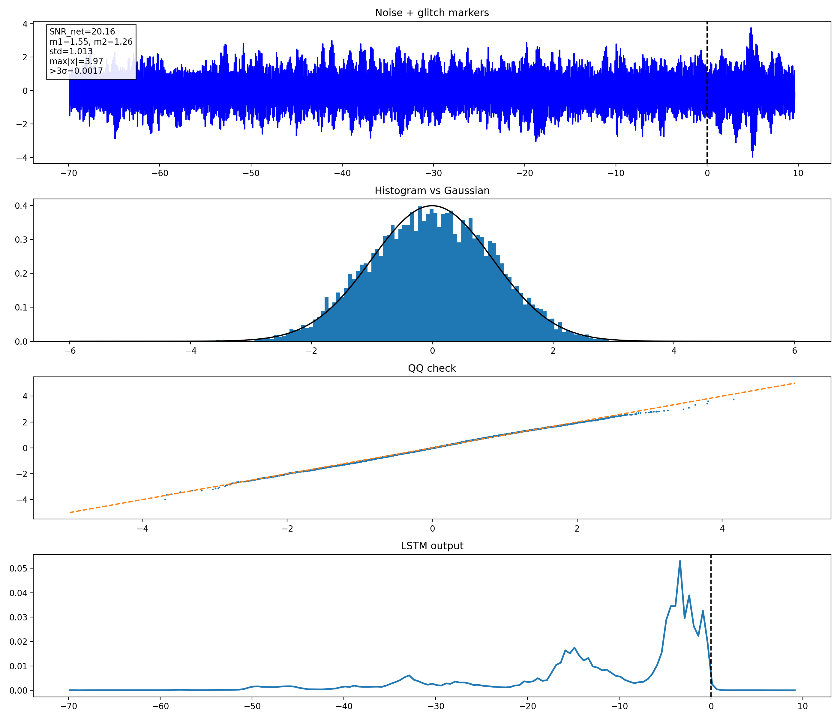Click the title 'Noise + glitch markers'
432,13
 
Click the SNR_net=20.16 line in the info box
82,31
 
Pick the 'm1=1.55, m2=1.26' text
91,41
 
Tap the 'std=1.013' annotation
71,52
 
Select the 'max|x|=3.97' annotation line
76,61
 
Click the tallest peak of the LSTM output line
680,561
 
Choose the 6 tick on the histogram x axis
795,351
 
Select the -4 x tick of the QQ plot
142,528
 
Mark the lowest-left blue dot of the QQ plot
165,499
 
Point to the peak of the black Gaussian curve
432,206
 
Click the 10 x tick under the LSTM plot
803,706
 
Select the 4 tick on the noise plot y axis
25,24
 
